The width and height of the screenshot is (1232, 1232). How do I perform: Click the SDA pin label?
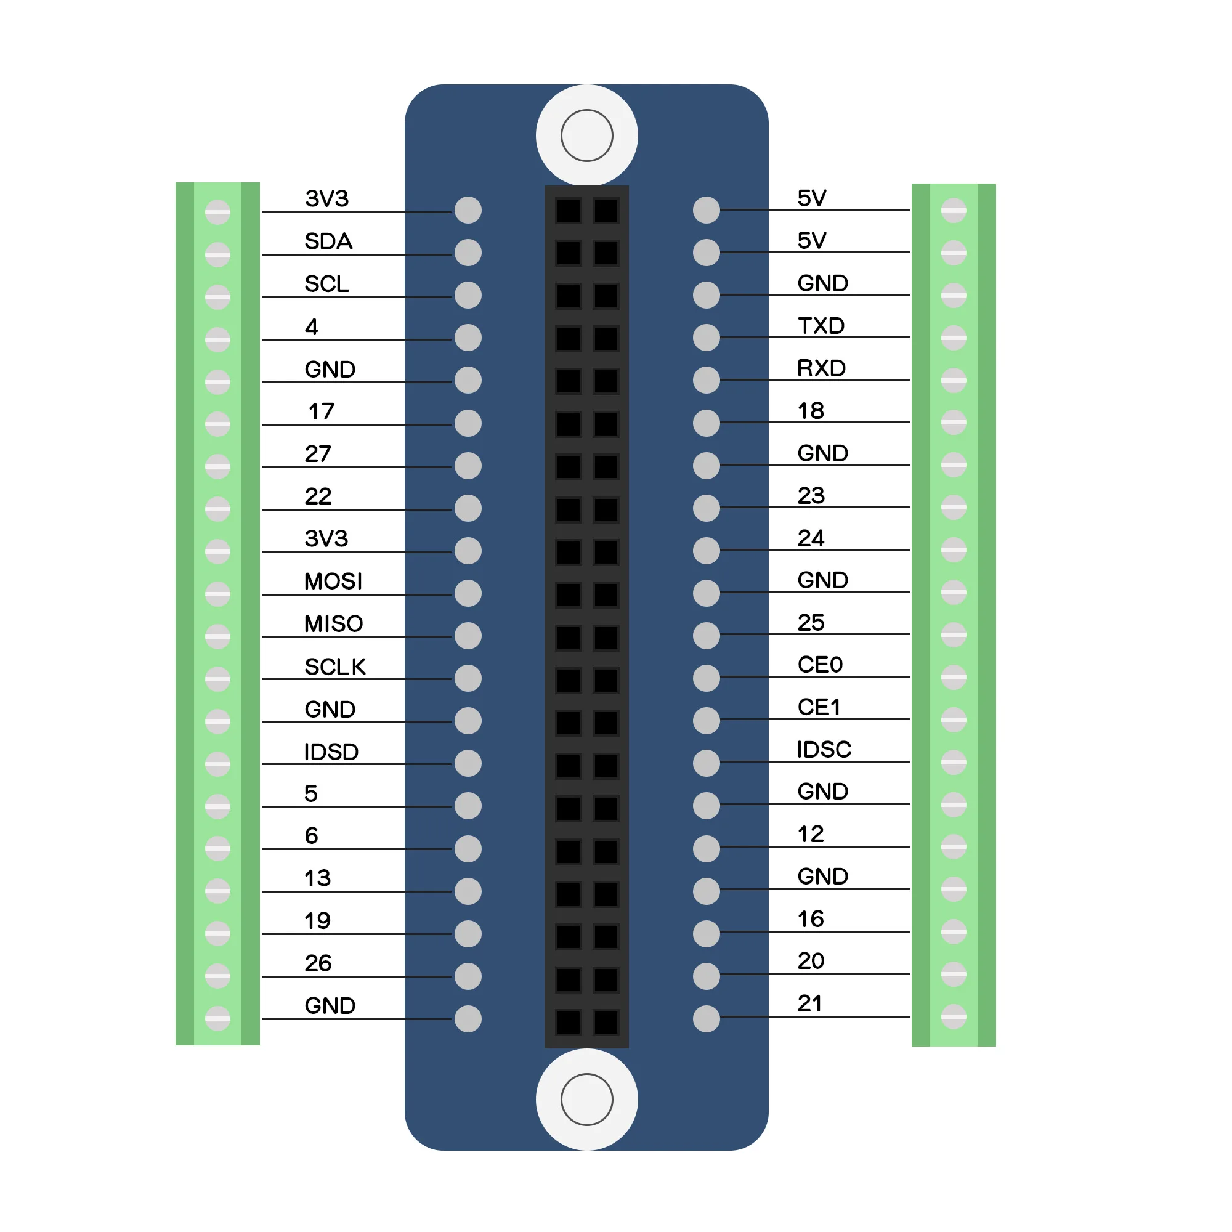pyautogui.click(x=328, y=241)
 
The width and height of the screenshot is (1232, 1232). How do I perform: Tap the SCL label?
pyautogui.click(x=327, y=284)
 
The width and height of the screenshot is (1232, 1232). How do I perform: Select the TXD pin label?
pyautogui.click(x=821, y=326)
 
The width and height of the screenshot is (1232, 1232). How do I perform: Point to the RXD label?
pyautogui.click(x=821, y=368)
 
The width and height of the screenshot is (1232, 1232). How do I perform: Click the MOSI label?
pyautogui.click(x=333, y=582)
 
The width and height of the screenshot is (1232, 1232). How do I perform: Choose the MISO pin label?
pyautogui.click(x=333, y=623)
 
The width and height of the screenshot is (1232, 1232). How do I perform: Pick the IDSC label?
pyautogui.click(x=824, y=749)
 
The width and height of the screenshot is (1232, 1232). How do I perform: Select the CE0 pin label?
pyautogui.click(x=820, y=665)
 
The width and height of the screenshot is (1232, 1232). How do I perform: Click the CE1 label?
pyautogui.click(x=819, y=707)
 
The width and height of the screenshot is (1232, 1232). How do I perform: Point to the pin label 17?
pyautogui.click(x=322, y=411)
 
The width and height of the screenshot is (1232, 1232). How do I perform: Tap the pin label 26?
pyautogui.click(x=318, y=963)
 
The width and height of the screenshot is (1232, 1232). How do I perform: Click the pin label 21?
pyautogui.click(x=810, y=1003)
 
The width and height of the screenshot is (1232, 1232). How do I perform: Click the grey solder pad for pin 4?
pyautogui.click(x=468, y=338)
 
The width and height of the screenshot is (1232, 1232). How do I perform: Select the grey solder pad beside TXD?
pyautogui.click(x=707, y=338)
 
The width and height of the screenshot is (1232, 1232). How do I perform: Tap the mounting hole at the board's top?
pyautogui.click(x=586, y=135)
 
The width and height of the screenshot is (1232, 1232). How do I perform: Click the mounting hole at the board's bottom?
pyautogui.click(x=586, y=1100)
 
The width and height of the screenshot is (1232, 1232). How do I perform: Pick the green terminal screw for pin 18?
pyautogui.click(x=954, y=422)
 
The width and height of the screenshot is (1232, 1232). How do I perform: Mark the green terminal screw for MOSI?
pyautogui.click(x=217, y=594)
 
